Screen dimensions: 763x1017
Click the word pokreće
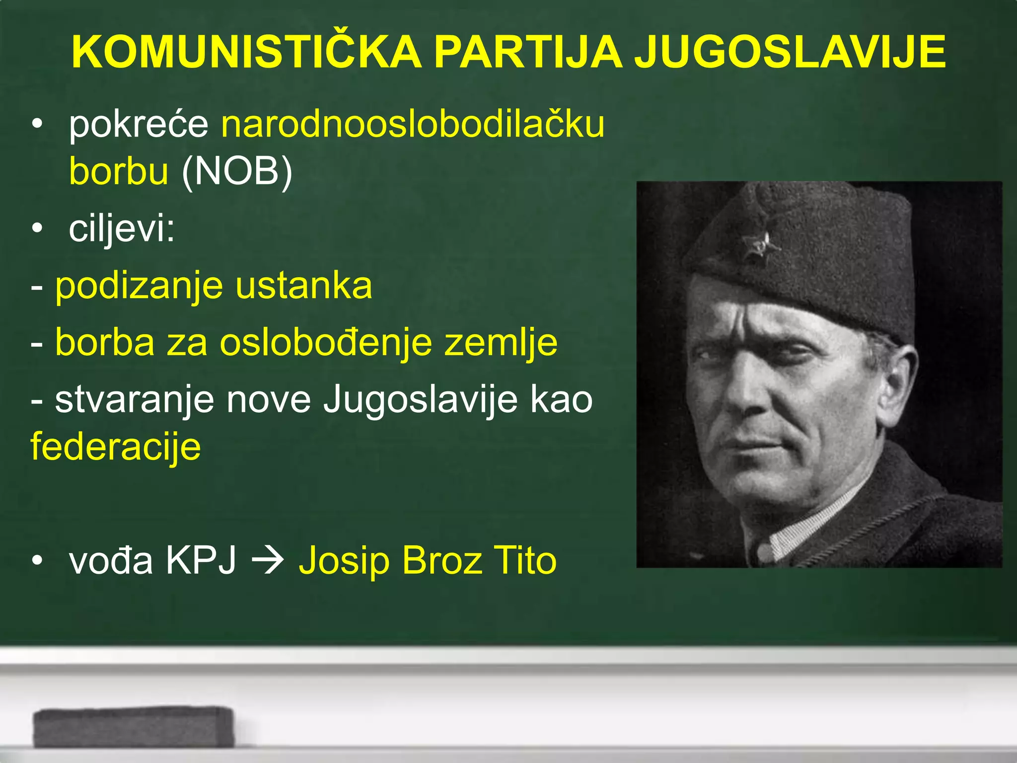coord(139,124)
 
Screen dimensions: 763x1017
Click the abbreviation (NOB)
coord(237,171)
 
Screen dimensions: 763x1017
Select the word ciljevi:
coord(122,229)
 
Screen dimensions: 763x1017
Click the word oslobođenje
coord(326,343)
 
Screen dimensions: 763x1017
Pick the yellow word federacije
coord(116,446)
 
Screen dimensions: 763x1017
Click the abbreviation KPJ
coord(201,560)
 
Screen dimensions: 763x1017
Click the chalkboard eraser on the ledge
coord(133,727)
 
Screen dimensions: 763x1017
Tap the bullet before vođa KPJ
coord(37,560)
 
